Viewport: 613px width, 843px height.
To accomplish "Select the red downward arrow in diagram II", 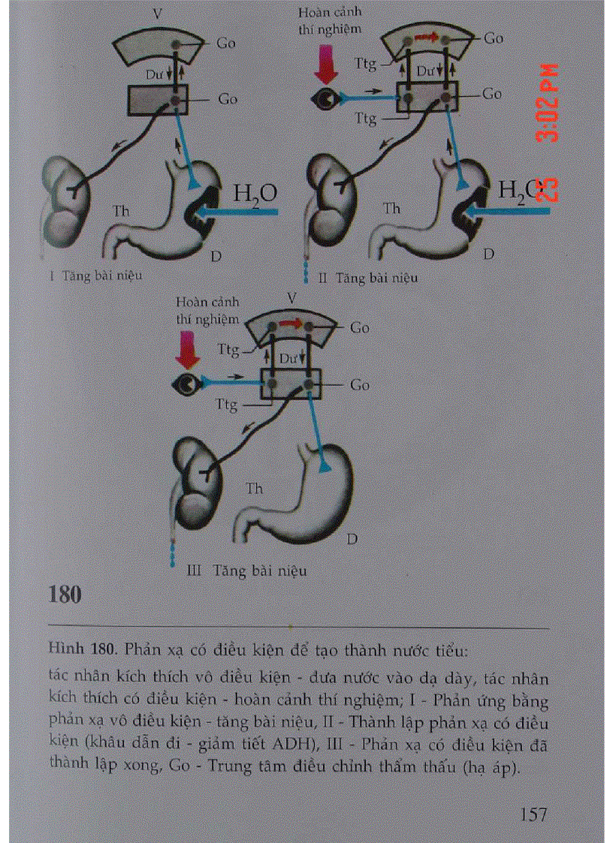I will coord(326,65).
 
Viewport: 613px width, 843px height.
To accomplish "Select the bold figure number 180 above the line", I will coord(65,595).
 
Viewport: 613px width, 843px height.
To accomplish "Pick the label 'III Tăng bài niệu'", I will coord(246,570).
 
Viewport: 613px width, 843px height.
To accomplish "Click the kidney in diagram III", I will coord(195,481).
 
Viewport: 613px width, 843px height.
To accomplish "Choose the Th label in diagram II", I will coord(391,208).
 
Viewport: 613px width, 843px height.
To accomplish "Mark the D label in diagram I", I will coord(216,257).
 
